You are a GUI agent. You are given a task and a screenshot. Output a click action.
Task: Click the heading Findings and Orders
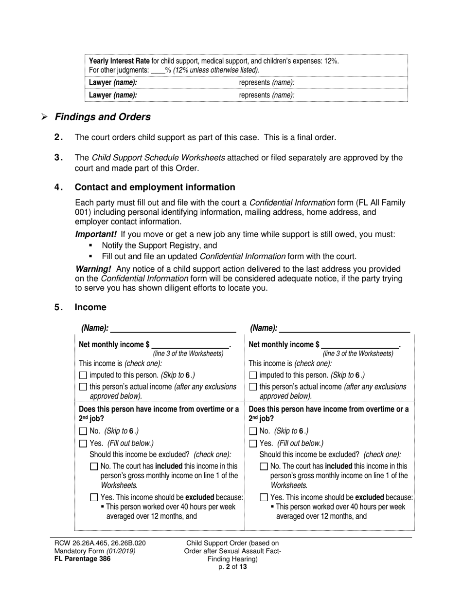pyautogui.click(x=103, y=117)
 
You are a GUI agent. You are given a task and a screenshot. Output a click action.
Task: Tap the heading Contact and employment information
pyautogui.click(x=155, y=187)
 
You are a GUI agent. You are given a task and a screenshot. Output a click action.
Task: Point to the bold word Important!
pyautogui.click(x=96, y=234)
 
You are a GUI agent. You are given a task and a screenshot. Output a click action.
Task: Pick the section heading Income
pyautogui.click(x=90, y=307)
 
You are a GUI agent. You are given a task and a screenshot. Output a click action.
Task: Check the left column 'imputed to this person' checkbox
pyautogui.click(x=83, y=375)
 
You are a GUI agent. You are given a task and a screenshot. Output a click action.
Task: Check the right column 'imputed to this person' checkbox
pyautogui.click(x=252, y=375)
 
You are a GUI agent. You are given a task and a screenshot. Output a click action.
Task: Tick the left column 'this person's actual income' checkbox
pyautogui.click(x=83, y=387)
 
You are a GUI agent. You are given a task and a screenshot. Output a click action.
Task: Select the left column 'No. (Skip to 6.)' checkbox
pyautogui.click(x=83, y=431)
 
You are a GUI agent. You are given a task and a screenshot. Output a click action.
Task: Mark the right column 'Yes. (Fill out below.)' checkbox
pyautogui.click(x=252, y=444)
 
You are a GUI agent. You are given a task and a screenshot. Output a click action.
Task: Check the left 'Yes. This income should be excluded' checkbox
pyautogui.click(x=94, y=498)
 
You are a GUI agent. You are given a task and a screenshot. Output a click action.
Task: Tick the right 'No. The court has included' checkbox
pyautogui.click(x=264, y=467)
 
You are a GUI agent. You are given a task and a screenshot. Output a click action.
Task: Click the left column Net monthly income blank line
pyautogui.click(x=190, y=345)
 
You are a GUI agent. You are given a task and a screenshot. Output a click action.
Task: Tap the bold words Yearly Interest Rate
pyautogui.click(x=119, y=61)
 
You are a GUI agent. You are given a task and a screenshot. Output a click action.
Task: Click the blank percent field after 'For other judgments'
pyautogui.click(x=158, y=70)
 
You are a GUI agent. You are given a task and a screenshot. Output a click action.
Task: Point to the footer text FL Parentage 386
pyautogui.click(x=82, y=559)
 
